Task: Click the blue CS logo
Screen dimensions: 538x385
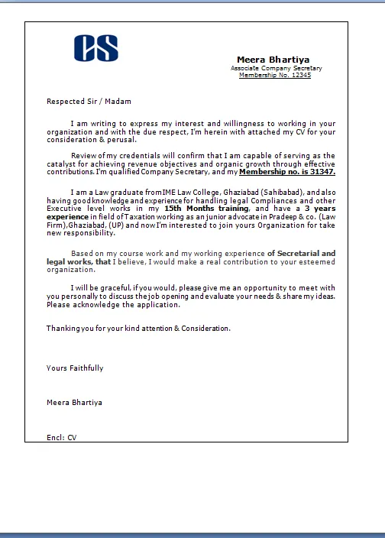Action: click(96, 48)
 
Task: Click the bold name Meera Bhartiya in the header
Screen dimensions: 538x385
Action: click(273, 60)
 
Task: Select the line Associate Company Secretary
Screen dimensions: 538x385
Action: click(276, 68)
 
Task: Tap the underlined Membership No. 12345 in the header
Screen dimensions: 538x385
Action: click(275, 75)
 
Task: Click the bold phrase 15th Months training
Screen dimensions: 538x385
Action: click(206, 209)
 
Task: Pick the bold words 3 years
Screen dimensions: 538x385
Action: click(319, 209)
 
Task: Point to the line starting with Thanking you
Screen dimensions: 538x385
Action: click(138, 328)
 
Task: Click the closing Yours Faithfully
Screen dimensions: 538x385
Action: click(75, 368)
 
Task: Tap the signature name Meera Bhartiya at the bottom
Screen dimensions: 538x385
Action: click(74, 402)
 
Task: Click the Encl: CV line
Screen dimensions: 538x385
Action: click(62, 437)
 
